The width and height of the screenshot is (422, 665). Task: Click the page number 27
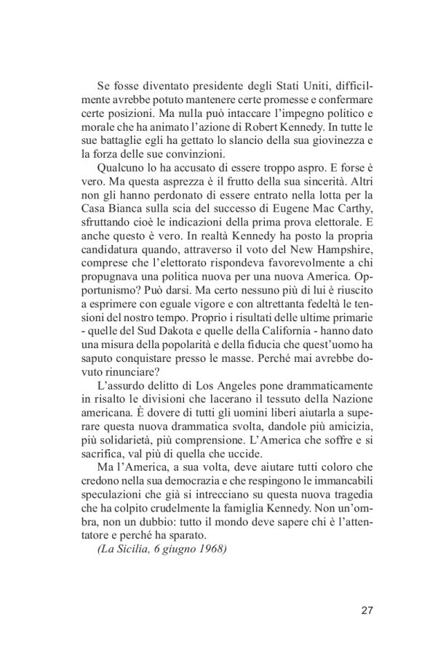[x=367, y=610]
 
